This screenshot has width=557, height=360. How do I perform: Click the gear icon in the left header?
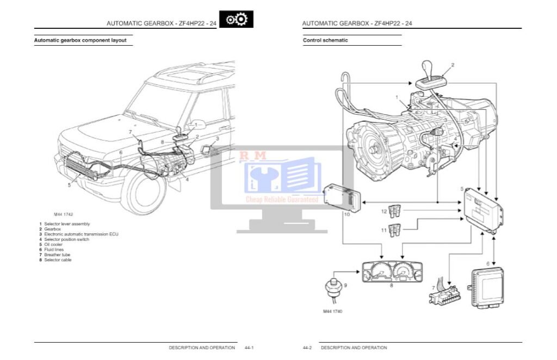236,20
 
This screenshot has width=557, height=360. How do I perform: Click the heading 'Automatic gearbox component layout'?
80,40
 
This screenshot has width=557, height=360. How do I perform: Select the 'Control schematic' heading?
325,40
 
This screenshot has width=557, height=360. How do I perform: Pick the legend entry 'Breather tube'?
57,255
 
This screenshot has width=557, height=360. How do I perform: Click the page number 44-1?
250,347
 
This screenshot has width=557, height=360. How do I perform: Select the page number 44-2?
307,347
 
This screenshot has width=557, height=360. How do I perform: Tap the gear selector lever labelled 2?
430,77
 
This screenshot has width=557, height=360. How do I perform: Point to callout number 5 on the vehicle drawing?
69,185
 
